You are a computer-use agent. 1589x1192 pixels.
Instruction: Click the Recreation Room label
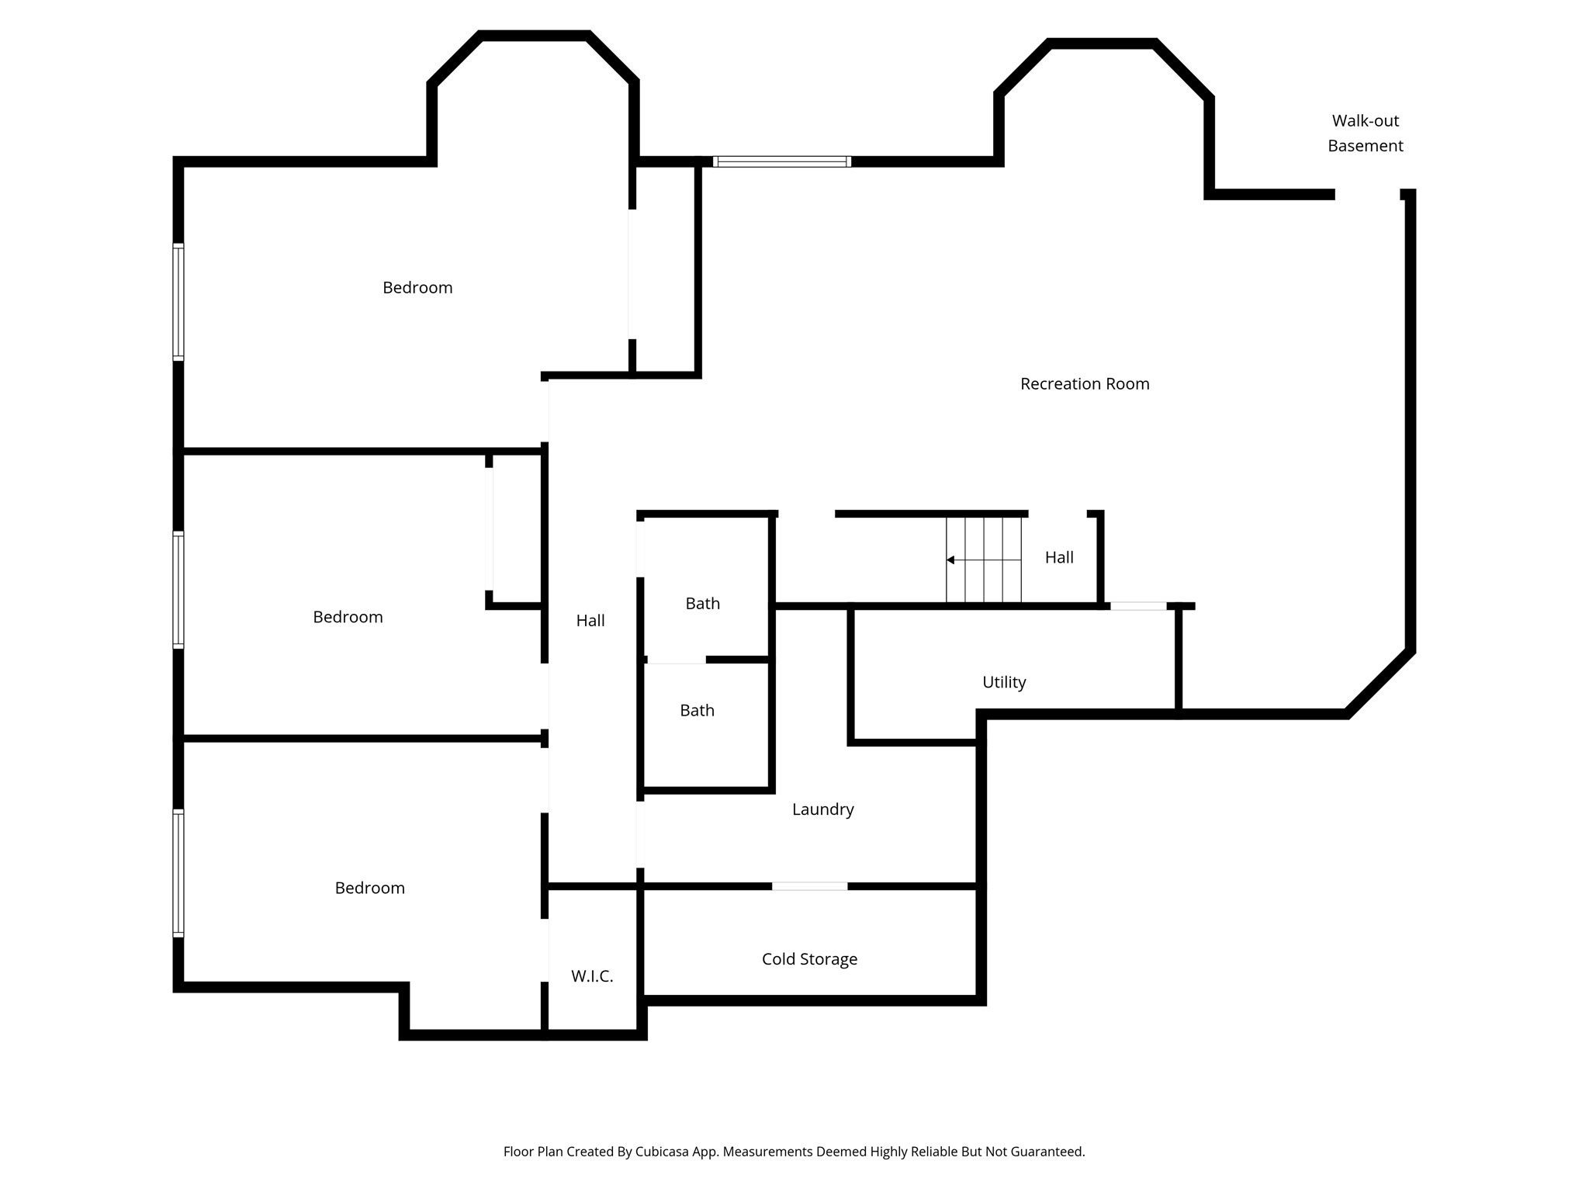[x=1084, y=383]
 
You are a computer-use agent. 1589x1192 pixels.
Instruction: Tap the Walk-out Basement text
[x=1365, y=133]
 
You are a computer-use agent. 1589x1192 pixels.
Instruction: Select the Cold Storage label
[x=809, y=958]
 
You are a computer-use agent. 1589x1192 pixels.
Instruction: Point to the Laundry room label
[x=822, y=809]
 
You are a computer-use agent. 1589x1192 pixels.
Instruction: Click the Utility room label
[x=1003, y=681]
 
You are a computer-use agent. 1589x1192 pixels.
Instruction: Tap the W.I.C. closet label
[x=592, y=976]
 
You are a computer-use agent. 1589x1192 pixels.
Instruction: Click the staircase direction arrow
[x=950, y=560]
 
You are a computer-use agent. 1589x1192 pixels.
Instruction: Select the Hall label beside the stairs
[x=1058, y=556]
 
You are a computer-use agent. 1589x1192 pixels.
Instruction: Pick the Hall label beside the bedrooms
[x=590, y=620]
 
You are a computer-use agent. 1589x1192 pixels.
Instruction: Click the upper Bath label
[x=702, y=603]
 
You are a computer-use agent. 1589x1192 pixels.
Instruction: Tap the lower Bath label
[x=697, y=710]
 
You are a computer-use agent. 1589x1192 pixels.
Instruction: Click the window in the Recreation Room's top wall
[x=781, y=161]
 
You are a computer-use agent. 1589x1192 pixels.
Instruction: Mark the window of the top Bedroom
[x=178, y=302]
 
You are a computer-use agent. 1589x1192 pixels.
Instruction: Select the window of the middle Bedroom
[x=178, y=590]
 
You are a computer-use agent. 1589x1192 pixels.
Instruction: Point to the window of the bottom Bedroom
[x=178, y=873]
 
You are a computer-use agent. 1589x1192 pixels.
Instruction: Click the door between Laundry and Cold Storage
[x=809, y=885]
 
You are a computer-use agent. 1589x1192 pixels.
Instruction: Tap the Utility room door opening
[x=1137, y=605]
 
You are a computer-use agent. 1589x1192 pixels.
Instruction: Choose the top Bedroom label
[x=417, y=287]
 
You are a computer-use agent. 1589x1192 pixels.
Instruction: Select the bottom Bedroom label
[x=369, y=887]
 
